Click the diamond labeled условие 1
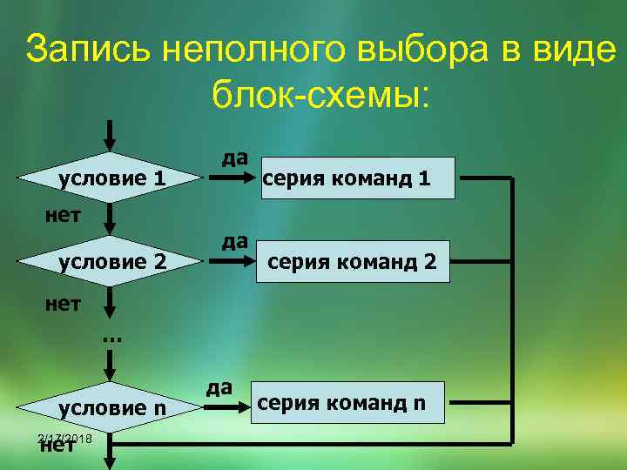[111, 179]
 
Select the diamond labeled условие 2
[111, 261]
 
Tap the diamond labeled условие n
[111, 406]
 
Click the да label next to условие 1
[234, 158]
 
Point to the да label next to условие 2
[234, 240]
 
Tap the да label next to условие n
[219, 386]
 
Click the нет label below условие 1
[63, 214]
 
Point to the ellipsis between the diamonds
[111, 336]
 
